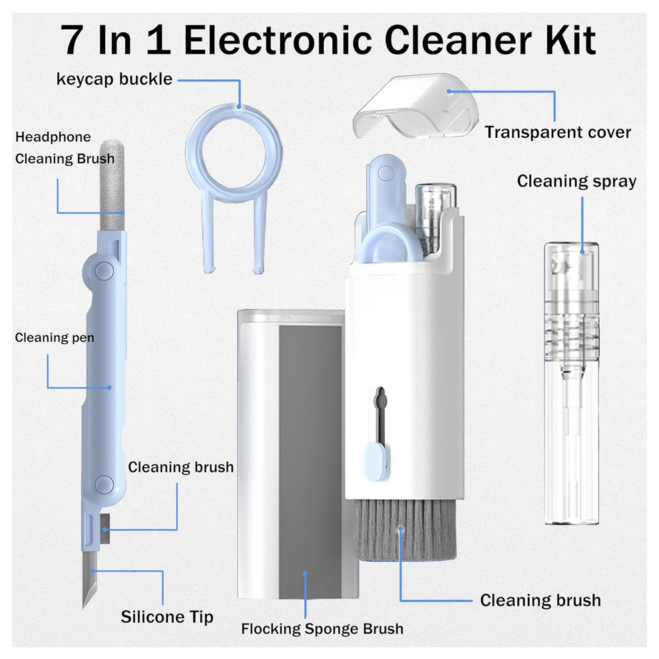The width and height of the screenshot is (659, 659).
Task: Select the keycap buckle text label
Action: [114, 79]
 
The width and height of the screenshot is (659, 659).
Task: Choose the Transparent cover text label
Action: [557, 132]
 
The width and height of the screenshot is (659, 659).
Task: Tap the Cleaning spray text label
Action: [576, 181]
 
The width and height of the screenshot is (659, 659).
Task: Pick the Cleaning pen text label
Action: [55, 337]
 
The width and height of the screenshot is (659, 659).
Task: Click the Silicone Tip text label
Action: [167, 617]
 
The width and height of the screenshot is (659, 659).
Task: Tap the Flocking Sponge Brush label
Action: [322, 628]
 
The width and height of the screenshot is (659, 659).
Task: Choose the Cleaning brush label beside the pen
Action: [180, 467]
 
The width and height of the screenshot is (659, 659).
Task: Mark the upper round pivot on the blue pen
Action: [103, 270]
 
